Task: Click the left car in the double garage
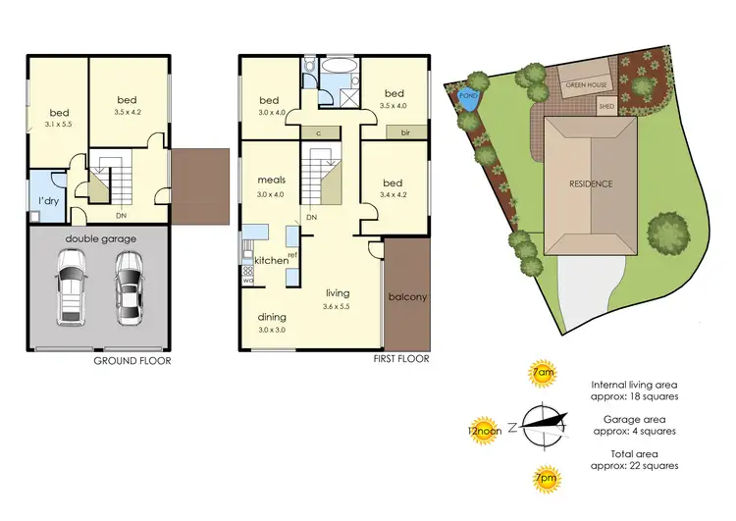[73, 286]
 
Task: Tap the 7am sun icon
[541, 374]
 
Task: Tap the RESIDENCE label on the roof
[592, 183]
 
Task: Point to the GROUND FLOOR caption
[131, 361]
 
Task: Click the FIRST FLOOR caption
[401, 359]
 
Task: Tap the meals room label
[271, 181]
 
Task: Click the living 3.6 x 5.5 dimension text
[338, 306]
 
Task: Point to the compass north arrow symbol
[546, 424]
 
